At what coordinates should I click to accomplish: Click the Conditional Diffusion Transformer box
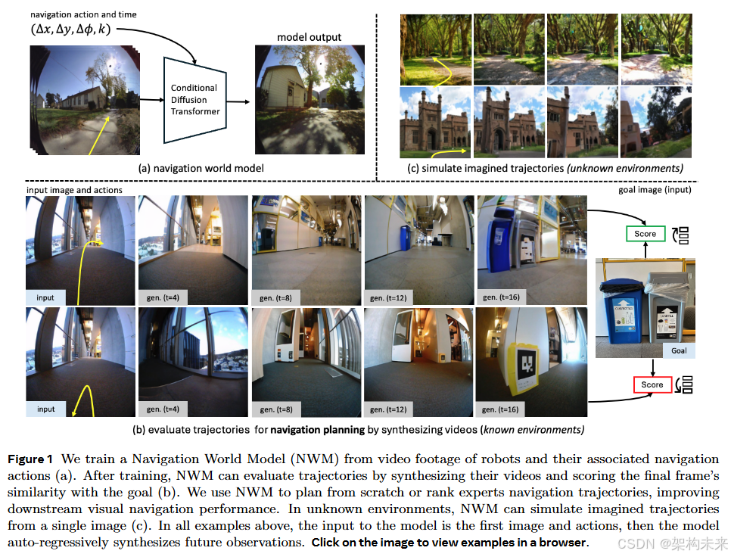(x=194, y=99)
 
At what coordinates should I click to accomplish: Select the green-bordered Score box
(x=645, y=234)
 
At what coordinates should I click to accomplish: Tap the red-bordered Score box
(x=652, y=384)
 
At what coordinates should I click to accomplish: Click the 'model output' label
(x=309, y=37)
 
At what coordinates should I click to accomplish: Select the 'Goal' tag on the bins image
(x=679, y=350)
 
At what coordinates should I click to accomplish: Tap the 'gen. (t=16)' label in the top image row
(x=501, y=297)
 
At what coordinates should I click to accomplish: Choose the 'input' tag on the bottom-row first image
(x=46, y=409)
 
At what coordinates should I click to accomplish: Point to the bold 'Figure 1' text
(x=30, y=459)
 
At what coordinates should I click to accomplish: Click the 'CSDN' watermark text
(x=632, y=543)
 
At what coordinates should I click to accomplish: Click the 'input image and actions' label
(x=74, y=190)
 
